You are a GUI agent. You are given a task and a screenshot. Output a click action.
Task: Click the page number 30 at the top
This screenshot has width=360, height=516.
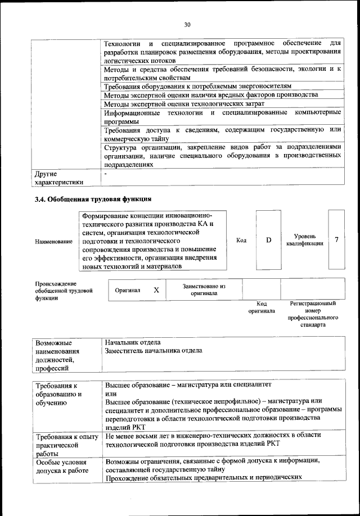[187, 24]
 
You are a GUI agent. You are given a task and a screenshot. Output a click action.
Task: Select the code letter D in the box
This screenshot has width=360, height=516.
[268, 240]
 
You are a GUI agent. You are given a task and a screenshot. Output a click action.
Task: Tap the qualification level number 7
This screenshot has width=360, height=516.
[336, 240]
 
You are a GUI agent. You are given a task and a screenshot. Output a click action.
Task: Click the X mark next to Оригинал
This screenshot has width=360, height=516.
[156, 290]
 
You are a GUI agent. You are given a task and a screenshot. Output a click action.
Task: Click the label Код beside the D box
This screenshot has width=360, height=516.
[241, 240]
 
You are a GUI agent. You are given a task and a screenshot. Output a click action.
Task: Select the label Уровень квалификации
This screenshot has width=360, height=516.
[304, 240]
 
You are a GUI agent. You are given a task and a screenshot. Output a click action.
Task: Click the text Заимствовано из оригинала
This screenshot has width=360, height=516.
[204, 289]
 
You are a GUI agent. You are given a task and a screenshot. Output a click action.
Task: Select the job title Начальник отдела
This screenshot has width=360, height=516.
[133, 342]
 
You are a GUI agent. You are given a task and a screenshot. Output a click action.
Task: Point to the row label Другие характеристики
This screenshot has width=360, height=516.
[58, 178]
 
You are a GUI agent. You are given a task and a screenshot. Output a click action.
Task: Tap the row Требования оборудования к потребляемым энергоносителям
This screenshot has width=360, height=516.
[199, 87]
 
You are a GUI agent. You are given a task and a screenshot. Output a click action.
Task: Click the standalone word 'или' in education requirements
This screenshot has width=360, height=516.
[110, 393]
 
